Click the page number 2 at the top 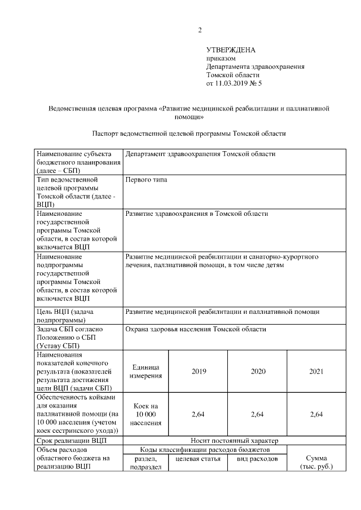point(199,30)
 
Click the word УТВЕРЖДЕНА point(231,50)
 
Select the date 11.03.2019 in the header point(232,83)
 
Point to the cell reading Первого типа point(146,180)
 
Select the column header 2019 point(199,371)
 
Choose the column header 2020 point(257,371)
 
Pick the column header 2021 point(316,371)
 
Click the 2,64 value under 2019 point(199,414)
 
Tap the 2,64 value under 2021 point(316,414)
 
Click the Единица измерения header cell point(146,371)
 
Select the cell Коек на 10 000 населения point(146,414)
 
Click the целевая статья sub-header point(199,459)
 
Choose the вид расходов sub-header point(257,459)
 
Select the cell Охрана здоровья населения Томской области point(196,329)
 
